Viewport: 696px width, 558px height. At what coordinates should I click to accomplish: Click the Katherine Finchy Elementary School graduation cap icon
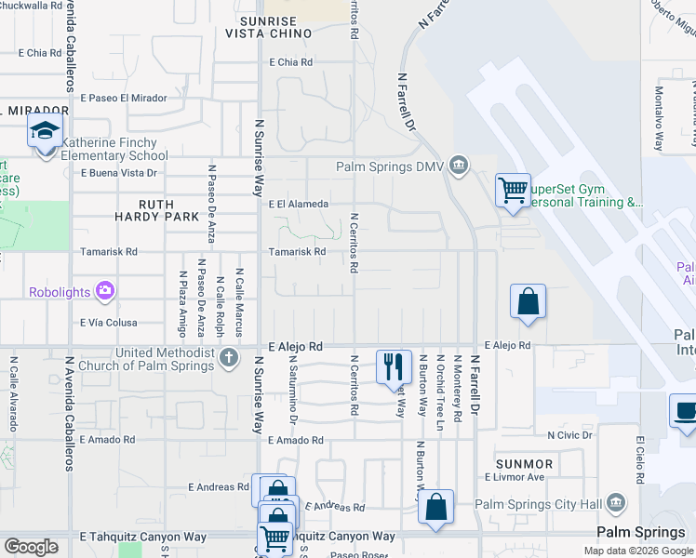[44, 131]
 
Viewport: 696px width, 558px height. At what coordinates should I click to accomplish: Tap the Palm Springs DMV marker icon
[458, 166]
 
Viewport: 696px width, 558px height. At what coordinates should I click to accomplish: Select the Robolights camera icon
[105, 291]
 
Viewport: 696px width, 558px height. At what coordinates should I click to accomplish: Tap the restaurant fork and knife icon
[394, 365]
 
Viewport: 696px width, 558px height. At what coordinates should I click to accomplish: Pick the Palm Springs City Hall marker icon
[614, 504]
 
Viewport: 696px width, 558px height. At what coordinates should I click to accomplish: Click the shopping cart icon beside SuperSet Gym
[513, 190]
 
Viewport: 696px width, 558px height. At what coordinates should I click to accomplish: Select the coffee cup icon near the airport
[686, 411]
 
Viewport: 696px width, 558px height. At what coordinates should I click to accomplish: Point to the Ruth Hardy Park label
[169, 209]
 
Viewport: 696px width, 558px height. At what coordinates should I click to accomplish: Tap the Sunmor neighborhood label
[525, 463]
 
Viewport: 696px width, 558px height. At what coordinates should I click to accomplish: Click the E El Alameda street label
[298, 204]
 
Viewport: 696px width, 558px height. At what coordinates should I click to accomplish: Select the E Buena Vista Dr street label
[118, 173]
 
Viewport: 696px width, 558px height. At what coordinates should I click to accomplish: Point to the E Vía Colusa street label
[109, 324]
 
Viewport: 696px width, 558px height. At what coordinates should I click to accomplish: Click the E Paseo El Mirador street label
[124, 98]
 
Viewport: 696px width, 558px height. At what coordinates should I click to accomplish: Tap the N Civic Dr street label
[569, 434]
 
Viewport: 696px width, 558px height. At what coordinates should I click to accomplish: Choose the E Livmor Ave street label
[515, 477]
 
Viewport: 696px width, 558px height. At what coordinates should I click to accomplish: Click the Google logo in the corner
[31, 547]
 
